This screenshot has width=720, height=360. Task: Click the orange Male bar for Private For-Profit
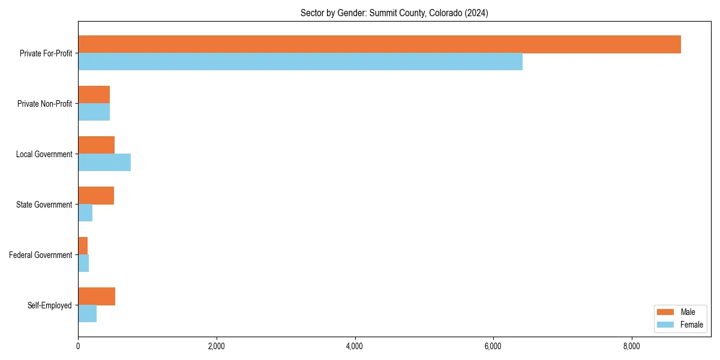[x=379, y=44]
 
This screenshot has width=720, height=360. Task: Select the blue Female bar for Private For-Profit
[x=300, y=62]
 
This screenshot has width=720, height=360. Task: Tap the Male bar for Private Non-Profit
[x=94, y=95]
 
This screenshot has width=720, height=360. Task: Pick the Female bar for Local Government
[x=104, y=163]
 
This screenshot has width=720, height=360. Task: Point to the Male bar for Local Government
[x=96, y=145]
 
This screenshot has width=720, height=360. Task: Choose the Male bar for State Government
[x=96, y=196]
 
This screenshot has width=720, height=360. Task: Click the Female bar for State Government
[x=85, y=213]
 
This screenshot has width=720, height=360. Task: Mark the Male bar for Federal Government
[x=83, y=246]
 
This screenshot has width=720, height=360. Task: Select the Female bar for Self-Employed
[x=87, y=314]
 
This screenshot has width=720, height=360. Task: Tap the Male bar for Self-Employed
[x=97, y=296]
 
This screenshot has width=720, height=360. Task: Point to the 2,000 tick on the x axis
[x=216, y=346]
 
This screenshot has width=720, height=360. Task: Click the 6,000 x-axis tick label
[x=493, y=346]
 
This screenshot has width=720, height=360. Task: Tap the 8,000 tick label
[x=631, y=346]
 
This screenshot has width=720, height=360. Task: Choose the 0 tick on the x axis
[x=78, y=346]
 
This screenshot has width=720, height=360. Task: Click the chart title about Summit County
[x=394, y=13]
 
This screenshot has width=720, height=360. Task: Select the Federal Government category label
[x=41, y=255]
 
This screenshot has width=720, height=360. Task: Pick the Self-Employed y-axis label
[x=50, y=305]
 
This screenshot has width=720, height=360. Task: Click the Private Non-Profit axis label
[x=44, y=104]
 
